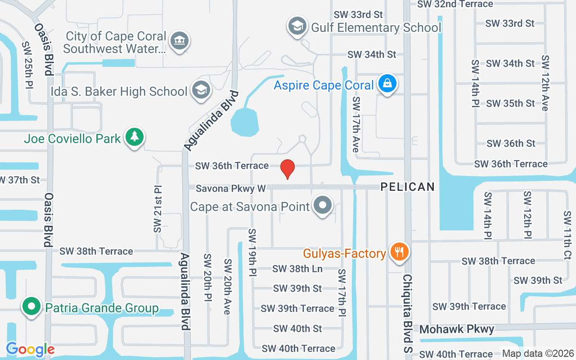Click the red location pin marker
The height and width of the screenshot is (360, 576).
click(x=287, y=169)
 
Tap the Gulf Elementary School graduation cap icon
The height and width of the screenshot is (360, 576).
click(x=297, y=26)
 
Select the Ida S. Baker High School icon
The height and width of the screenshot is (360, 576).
click(x=201, y=90)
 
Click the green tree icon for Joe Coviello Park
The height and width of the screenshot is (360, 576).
click(x=134, y=137)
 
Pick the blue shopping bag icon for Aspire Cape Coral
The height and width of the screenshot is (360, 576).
click(x=387, y=84)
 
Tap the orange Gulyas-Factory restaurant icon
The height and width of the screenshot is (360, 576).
click(x=399, y=252)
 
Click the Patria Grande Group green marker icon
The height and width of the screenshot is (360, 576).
click(x=31, y=306)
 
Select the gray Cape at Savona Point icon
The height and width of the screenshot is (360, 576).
click(x=323, y=206)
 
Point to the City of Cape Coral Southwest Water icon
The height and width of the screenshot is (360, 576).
click(x=180, y=41)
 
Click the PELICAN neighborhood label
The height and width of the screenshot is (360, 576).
click(x=408, y=187)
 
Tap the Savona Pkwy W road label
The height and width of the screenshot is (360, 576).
click(x=230, y=189)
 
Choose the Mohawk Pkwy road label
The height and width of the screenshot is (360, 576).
click(x=456, y=329)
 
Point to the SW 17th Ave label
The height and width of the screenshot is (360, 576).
click(x=356, y=124)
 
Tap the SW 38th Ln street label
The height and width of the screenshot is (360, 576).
click(x=297, y=269)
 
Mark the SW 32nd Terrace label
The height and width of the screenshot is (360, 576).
click(x=455, y=4)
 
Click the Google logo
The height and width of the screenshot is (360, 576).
click(x=30, y=349)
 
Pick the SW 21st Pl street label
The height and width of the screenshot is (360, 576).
click(x=157, y=208)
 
